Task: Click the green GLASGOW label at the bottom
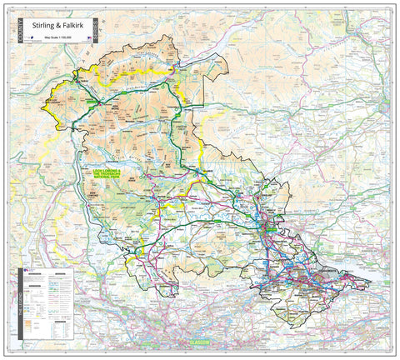click(200, 343)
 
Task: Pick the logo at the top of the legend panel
click(27, 271)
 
